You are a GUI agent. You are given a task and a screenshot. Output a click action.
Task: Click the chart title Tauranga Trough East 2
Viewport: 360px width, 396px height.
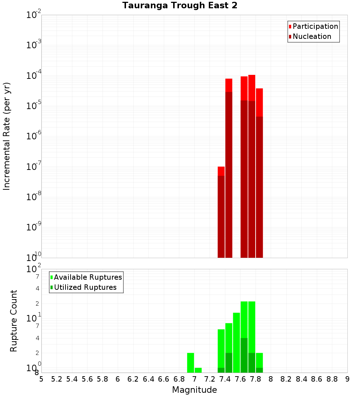coord(180,5)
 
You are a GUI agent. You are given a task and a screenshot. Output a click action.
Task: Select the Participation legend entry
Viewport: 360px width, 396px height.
coord(315,26)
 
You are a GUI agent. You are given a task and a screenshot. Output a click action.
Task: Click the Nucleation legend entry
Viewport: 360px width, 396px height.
coord(312,36)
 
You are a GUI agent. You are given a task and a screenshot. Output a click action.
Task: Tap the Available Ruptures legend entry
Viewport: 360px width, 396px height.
coord(88,277)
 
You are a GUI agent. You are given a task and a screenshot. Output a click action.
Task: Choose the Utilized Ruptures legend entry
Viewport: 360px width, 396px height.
coord(85,287)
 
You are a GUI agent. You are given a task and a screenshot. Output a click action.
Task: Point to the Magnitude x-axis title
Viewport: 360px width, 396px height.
coord(194,390)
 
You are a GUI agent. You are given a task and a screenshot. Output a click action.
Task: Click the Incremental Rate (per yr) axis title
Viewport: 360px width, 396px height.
coord(7,136)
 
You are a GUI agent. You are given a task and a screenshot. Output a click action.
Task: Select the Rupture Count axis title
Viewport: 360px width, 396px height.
coord(14,321)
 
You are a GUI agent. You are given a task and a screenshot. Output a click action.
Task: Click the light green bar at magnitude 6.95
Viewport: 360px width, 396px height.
coord(190,363)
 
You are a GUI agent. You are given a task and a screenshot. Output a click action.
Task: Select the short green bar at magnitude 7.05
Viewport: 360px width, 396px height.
coord(198,370)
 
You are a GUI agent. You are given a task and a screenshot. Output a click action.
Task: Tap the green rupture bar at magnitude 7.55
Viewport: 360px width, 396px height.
coord(237,342)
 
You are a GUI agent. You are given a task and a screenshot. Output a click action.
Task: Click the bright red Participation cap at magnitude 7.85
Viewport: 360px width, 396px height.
coord(259,102)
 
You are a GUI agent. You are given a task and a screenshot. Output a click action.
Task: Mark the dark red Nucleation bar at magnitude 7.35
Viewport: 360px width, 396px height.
coord(221,216)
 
